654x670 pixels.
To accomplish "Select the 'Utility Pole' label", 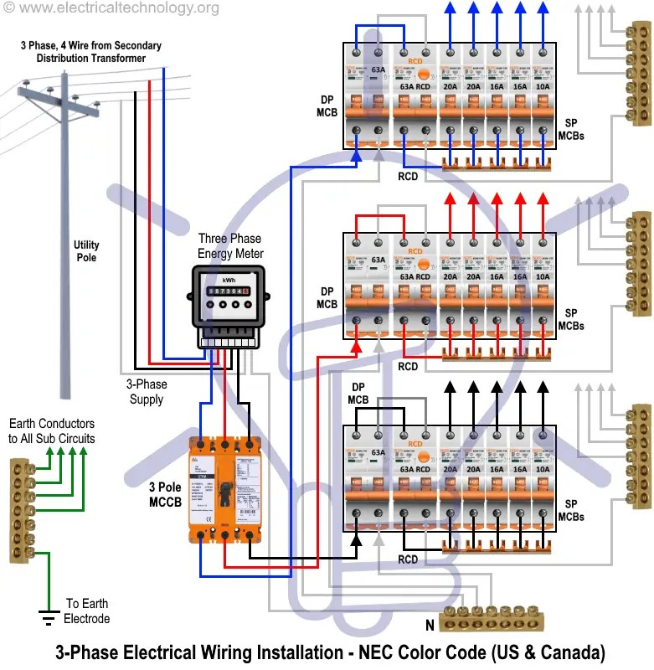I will (x=86, y=251).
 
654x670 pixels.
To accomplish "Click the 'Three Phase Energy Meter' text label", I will (x=230, y=246).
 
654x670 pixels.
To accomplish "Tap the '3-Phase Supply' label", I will (x=147, y=392).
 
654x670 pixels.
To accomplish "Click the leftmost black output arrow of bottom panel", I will (x=451, y=387).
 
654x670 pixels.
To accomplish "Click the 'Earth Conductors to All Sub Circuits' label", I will (x=52, y=431).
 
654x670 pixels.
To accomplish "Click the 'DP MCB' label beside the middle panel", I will (x=327, y=297).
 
